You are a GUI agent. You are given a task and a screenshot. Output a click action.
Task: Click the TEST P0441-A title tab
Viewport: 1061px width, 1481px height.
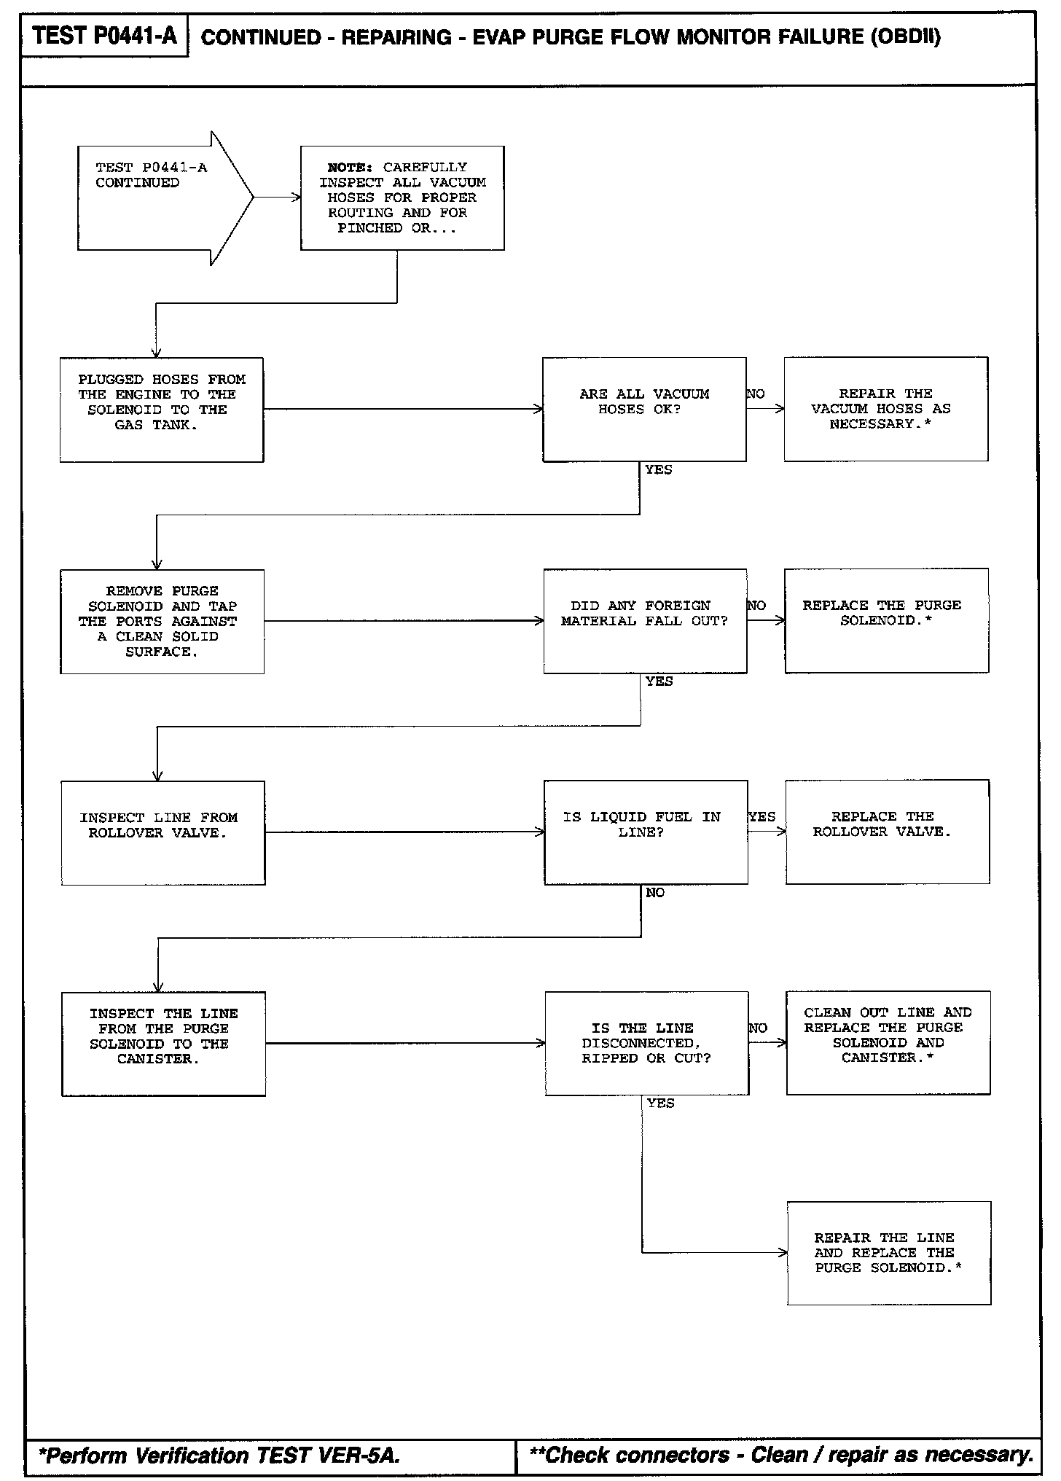(x=104, y=36)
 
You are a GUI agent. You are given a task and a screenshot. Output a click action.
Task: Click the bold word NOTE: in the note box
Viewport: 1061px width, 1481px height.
(x=350, y=168)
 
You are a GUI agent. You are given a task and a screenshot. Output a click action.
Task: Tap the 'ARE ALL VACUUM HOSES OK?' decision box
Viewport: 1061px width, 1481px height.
(x=644, y=409)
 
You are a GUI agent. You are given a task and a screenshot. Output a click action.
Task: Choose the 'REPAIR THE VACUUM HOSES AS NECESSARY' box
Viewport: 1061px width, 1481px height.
(x=885, y=409)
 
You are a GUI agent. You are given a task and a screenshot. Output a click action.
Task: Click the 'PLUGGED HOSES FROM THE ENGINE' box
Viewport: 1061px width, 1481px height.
(x=161, y=409)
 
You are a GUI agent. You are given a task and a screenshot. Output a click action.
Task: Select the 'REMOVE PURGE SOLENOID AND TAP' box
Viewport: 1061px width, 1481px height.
(x=162, y=621)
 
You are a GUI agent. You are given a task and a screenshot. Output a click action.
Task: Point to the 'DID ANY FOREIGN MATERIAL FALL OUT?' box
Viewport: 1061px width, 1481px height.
(x=645, y=621)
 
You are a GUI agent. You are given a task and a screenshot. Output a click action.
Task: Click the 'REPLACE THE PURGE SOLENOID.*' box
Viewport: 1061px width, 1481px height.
(x=886, y=620)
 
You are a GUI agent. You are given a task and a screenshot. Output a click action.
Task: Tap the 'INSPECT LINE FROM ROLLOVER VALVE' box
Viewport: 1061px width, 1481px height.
(x=163, y=832)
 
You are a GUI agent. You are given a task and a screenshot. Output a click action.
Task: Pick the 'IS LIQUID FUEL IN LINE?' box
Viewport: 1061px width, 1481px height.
(x=646, y=832)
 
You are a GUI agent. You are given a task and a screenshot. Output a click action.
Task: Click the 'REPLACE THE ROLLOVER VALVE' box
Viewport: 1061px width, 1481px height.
(x=887, y=832)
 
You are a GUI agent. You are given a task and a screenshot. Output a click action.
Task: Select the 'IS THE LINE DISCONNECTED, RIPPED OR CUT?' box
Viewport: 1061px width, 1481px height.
(x=646, y=1043)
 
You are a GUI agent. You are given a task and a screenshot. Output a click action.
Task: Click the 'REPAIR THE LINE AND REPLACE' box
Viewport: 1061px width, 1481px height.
(x=888, y=1253)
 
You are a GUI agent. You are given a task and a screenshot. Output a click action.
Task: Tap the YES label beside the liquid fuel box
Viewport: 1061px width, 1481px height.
(x=762, y=817)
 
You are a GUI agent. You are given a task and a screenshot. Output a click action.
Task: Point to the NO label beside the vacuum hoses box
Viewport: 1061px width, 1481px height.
(x=756, y=394)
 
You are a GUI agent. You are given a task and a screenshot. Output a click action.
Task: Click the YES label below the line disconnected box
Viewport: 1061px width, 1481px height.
(x=660, y=1103)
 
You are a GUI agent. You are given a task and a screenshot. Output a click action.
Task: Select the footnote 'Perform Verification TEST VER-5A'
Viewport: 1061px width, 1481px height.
(x=219, y=1456)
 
